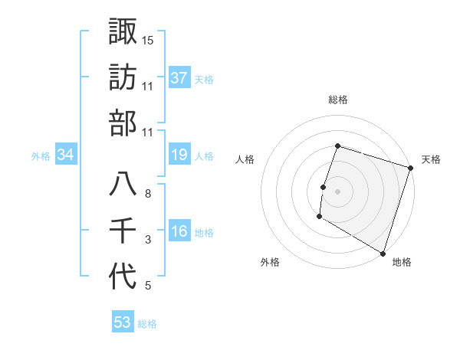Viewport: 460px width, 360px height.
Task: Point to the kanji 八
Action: [123, 185]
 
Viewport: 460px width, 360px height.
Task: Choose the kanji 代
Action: [123, 277]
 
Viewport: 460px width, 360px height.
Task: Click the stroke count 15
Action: [148, 40]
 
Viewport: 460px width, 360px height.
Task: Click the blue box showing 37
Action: [179, 77]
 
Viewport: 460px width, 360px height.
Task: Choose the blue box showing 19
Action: [179, 155]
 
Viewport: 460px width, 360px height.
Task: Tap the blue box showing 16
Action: [179, 232]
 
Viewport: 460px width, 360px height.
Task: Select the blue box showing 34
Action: [66, 155]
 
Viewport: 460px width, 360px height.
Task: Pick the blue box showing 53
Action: [123, 322]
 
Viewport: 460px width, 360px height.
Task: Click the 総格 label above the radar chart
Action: [337, 100]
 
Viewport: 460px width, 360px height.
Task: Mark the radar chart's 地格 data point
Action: [383, 253]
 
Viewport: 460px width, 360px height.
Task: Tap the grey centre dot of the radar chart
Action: [337, 191]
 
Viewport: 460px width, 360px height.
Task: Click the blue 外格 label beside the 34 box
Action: [41, 156]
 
